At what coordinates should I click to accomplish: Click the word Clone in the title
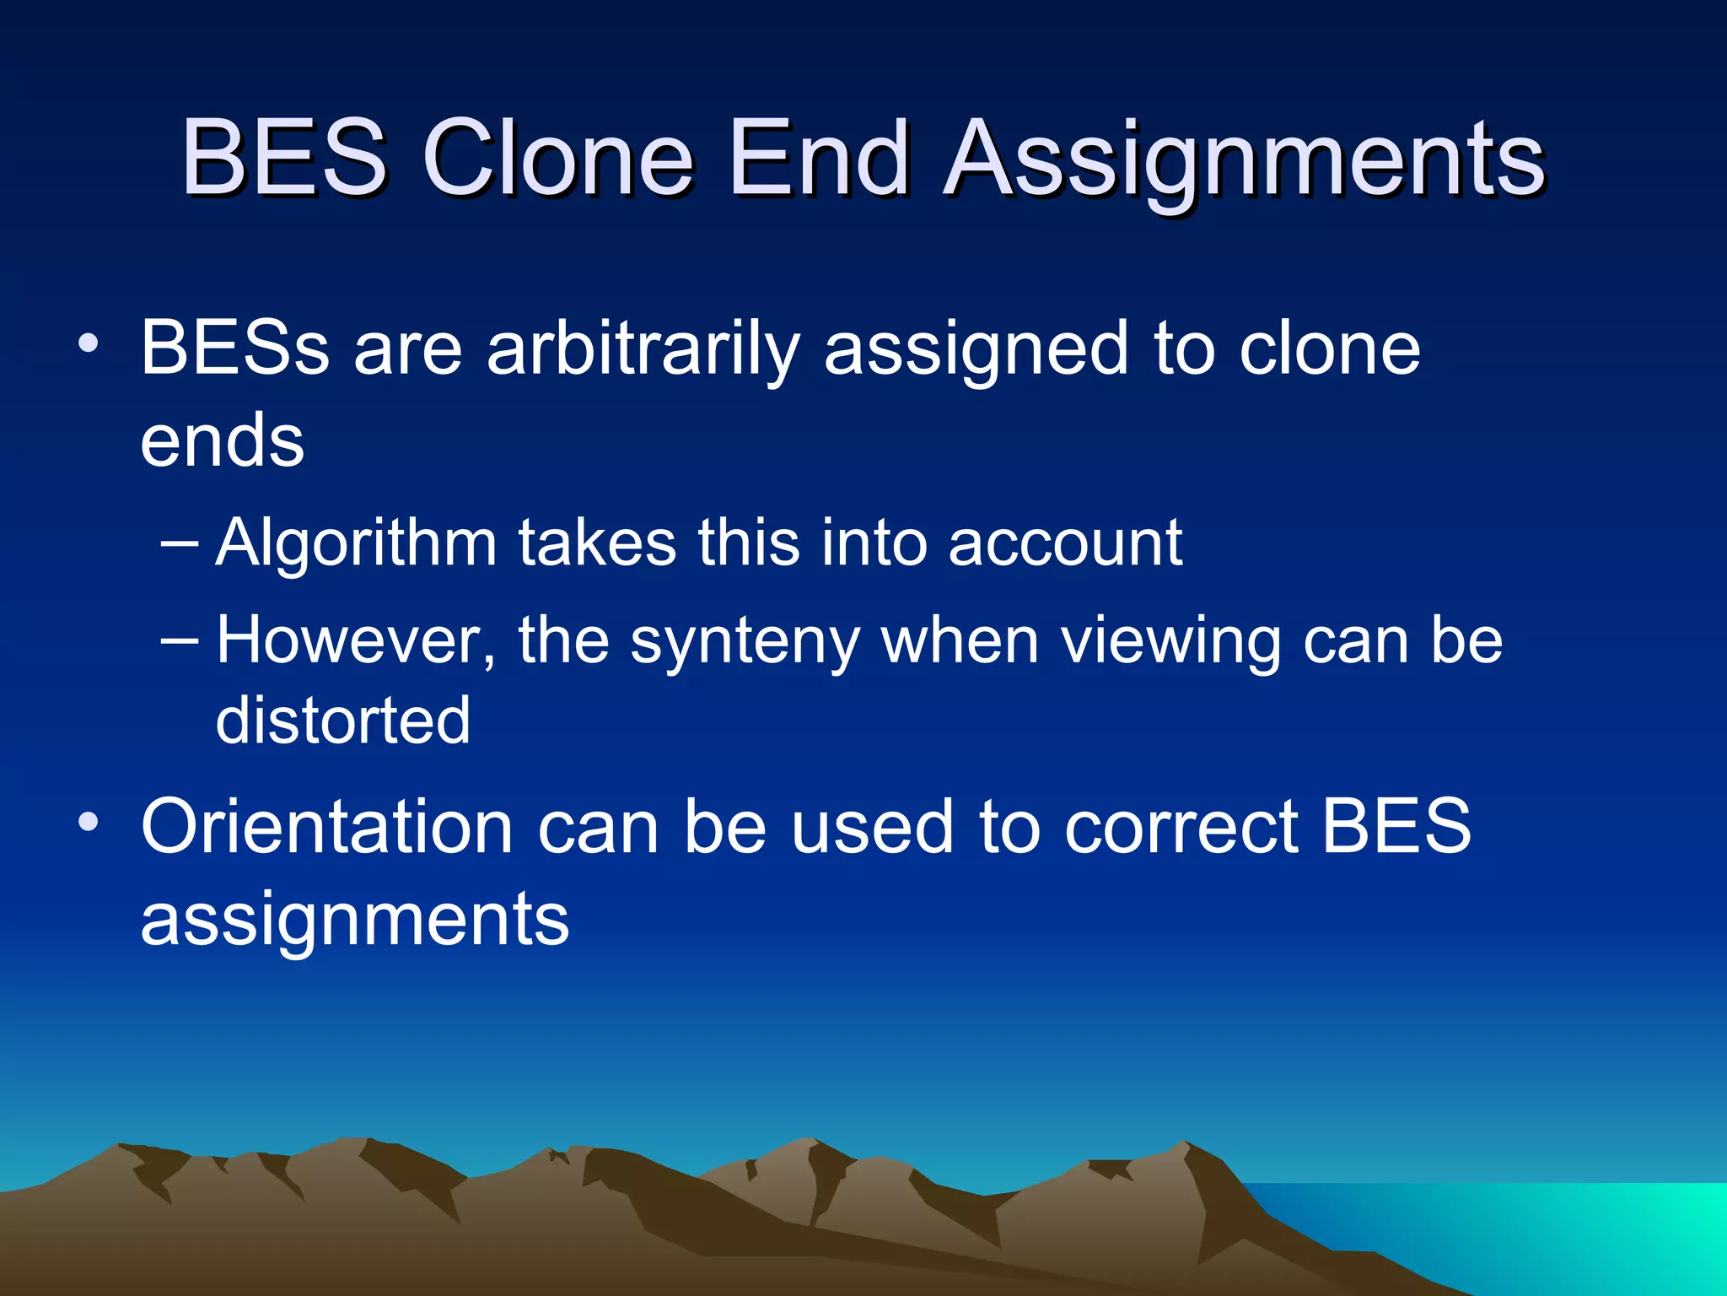click(x=557, y=158)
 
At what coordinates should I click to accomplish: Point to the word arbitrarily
click(x=643, y=348)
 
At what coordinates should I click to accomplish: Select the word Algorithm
click(x=356, y=543)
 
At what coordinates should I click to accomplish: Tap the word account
click(x=1065, y=543)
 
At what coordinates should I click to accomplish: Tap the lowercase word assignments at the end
click(x=354, y=920)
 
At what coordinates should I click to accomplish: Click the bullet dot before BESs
click(x=89, y=344)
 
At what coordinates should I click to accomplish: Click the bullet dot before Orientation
click(x=89, y=822)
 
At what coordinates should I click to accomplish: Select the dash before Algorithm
click(x=179, y=543)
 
